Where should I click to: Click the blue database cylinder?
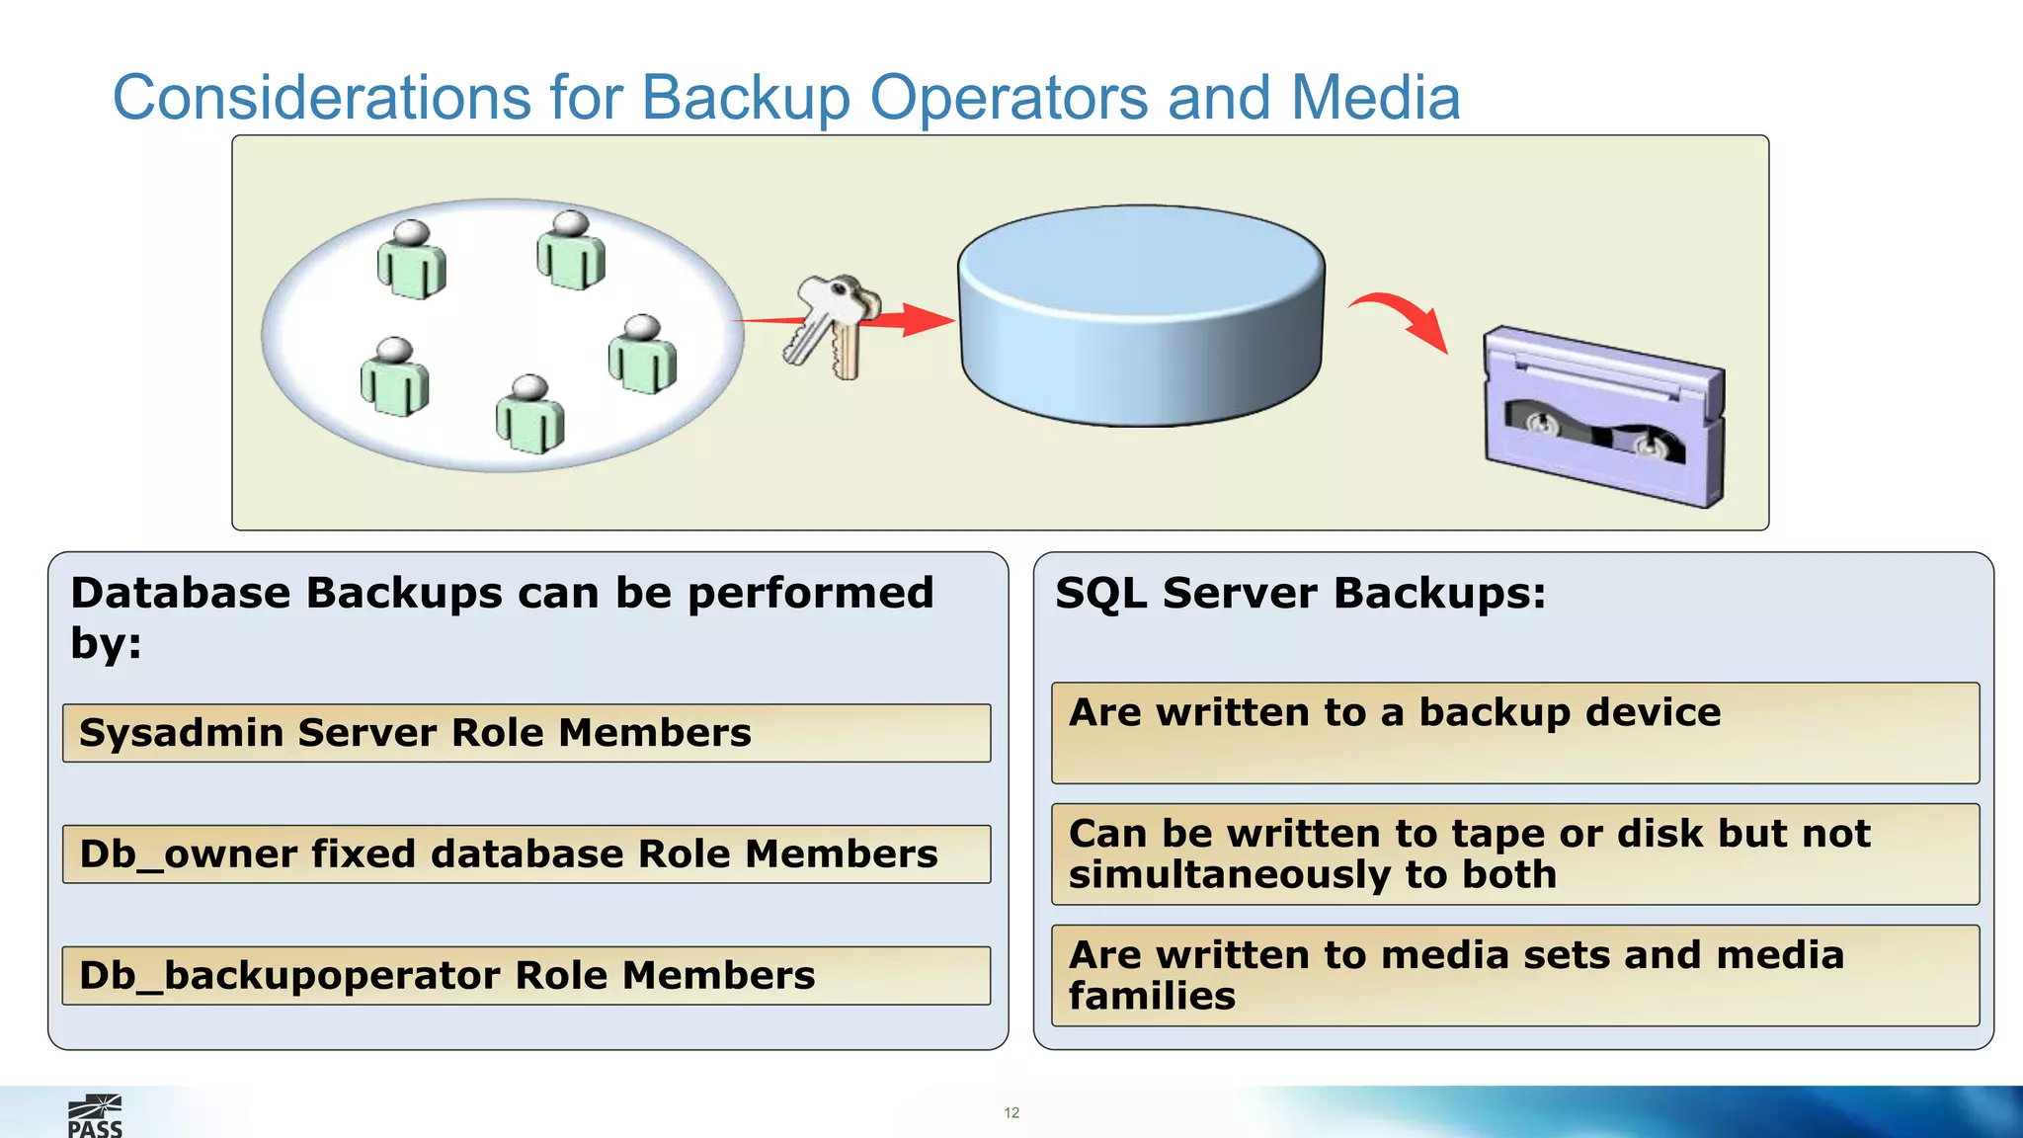click(x=1141, y=316)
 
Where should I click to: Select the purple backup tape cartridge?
click(x=1603, y=417)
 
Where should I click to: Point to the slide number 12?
click(x=1011, y=1112)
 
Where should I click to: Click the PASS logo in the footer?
click(x=95, y=1117)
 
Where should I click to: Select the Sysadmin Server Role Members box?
click(x=526, y=733)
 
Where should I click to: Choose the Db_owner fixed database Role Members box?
click(x=526, y=854)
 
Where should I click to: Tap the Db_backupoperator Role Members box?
click(x=526, y=976)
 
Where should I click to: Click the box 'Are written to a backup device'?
click(x=1514, y=733)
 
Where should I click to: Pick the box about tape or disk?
click(x=1514, y=854)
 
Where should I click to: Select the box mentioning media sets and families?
click(x=1514, y=976)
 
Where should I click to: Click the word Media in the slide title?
click(x=1375, y=98)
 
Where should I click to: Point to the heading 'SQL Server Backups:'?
click(x=1300, y=594)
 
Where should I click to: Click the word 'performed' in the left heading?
click(x=810, y=594)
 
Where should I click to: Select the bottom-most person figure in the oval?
click(x=530, y=415)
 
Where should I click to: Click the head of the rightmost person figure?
click(x=643, y=327)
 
